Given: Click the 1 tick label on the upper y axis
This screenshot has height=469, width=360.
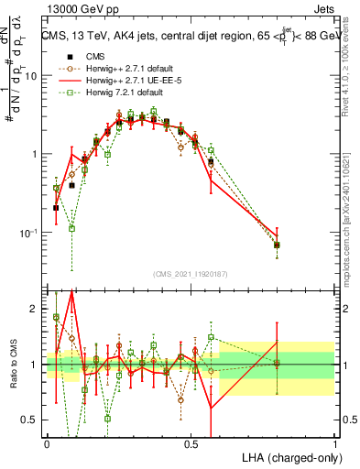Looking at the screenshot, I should click(x=34, y=154).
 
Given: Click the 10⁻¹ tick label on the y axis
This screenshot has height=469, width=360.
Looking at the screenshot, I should click(x=29, y=233).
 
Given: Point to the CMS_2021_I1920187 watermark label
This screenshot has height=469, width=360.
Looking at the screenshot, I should click(x=191, y=271).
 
